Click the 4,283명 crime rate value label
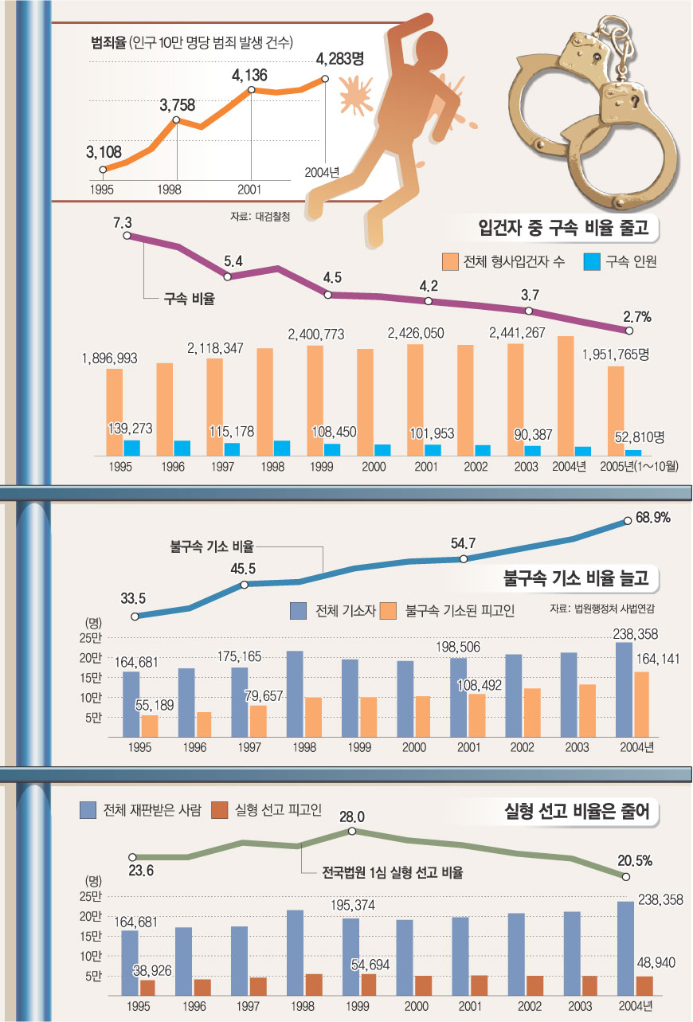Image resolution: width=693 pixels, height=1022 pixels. (340, 57)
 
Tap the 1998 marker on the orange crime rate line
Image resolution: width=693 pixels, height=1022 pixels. (176, 120)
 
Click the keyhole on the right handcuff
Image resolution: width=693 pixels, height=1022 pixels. (635, 101)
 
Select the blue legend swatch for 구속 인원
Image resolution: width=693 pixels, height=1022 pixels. (592, 261)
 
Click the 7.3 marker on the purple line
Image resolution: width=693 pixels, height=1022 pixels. (127, 236)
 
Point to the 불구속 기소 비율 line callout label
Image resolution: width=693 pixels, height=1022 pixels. (212, 546)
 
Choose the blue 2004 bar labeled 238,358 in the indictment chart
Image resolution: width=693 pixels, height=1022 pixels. (624, 690)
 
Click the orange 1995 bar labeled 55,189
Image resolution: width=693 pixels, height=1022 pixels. (150, 726)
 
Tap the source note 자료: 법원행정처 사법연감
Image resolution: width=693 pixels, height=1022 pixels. (608, 609)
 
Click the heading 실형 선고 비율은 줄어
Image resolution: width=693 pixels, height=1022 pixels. (578, 813)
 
